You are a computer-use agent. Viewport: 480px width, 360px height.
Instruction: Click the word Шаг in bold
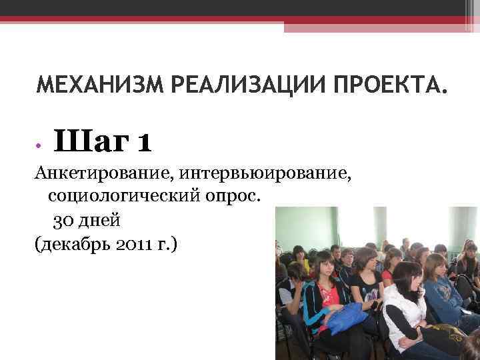point(91,141)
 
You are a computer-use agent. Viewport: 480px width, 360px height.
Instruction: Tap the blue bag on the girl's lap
point(346,314)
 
